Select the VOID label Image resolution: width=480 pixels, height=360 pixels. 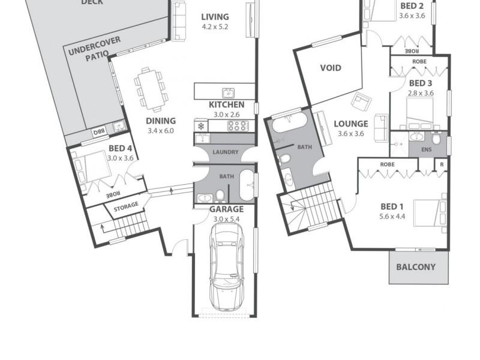click(330, 68)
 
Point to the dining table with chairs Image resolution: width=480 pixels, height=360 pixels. click(151, 90)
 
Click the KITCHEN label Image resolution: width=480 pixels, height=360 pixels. click(226, 105)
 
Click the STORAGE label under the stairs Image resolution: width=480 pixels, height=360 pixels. click(126, 206)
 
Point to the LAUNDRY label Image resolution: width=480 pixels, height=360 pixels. click(226, 152)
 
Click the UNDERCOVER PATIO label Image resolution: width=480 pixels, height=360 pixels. click(94, 48)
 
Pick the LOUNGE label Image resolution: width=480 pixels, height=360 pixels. click(350, 124)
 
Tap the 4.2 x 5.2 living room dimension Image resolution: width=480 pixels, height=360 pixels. click(215, 27)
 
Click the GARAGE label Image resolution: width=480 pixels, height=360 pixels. click(226, 209)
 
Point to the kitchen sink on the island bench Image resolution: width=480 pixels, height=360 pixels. click(227, 92)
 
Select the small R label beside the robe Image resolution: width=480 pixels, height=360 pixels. click(442, 164)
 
